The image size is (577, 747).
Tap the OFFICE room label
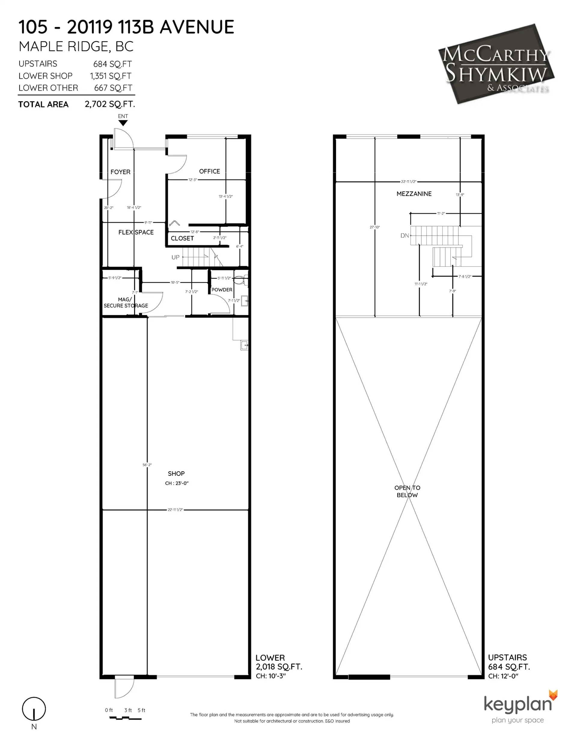[x=209, y=171]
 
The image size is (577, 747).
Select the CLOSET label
[x=182, y=238]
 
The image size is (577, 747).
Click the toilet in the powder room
[x=243, y=280]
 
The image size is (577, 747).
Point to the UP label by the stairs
[x=175, y=257]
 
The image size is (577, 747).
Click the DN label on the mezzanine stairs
[x=404, y=236]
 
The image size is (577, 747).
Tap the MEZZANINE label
[x=414, y=194]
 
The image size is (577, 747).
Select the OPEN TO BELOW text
[x=407, y=491]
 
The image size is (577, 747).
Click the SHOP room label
[x=176, y=474]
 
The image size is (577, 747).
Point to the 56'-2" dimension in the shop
[x=147, y=465]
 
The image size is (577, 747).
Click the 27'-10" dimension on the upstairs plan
[x=374, y=227]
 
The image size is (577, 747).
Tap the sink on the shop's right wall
[x=244, y=345]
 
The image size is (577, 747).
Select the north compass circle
[x=34, y=709]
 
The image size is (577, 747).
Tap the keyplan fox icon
[x=553, y=695]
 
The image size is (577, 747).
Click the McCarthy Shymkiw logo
[x=496, y=64]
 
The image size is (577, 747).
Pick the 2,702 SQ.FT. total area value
[x=110, y=104]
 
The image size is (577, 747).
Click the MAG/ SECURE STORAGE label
[x=126, y=303]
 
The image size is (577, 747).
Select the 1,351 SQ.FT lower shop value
[x=111, y=76]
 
